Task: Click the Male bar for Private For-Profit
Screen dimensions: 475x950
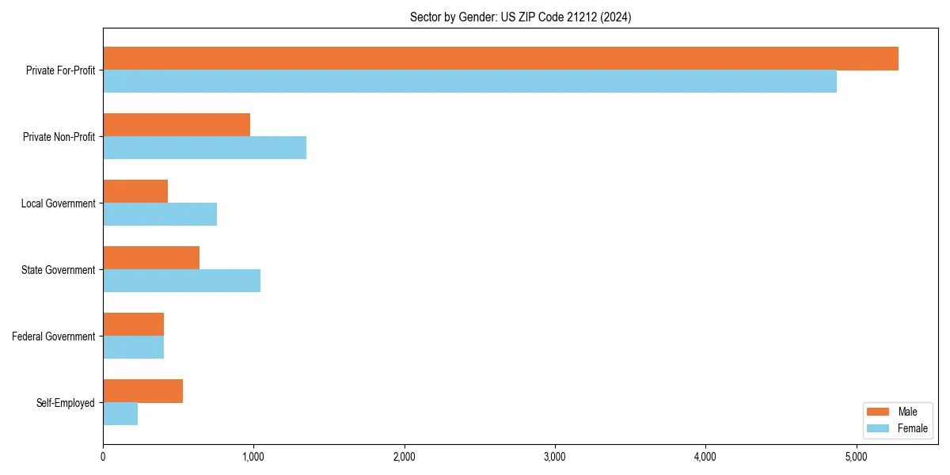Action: click(500, 59)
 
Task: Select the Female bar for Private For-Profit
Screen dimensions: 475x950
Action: click(469, 82)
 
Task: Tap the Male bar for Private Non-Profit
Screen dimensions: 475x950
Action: click(177, 125)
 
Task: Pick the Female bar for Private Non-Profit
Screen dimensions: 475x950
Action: click(204, 148)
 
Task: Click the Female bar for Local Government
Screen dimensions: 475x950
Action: click(160, 215)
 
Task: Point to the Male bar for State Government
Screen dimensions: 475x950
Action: click(151, 258)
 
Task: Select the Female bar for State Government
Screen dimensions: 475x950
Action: click(181, 281)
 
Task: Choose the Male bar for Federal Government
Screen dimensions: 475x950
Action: click(133, 325)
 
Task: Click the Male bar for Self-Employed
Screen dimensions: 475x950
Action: click(142, 391)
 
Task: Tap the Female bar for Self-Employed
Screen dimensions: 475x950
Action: click(120, 414)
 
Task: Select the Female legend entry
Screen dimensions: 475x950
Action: click(897, 428)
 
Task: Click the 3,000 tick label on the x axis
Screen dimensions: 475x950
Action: click(555, 457)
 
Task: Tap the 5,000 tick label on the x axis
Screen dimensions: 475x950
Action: click(856, 457)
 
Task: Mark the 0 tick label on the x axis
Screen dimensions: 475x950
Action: click(103, 457)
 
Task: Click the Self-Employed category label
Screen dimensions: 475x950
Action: click(66, 403)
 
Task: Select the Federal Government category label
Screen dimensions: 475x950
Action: click(54, 336)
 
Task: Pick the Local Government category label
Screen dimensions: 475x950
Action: click(58, 203)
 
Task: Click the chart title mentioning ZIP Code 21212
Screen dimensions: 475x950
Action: click(520, 17)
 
